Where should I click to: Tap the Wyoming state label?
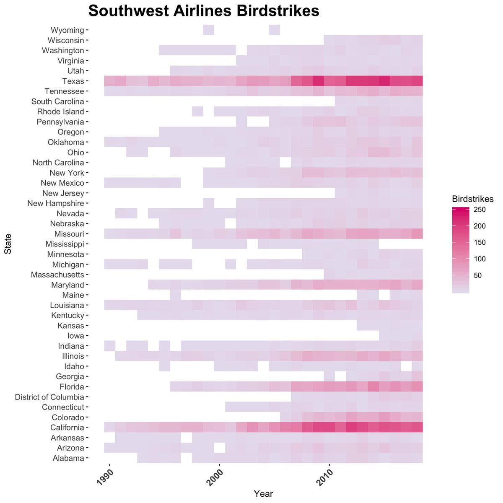[x=67, y=30]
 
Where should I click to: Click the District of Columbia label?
[x=49, y=397]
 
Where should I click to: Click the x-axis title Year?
[x=263, y=494]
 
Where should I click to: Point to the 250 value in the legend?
[x=479, y=210]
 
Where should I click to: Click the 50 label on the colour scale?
[x=477, y=275]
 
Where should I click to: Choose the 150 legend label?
[x=479, y=243]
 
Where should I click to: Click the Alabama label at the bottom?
[x=68, y=458]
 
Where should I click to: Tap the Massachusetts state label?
[x=57, y=275]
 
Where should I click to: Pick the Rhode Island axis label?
[x=60, y=112]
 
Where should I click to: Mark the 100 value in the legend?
[x=479, y=259]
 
